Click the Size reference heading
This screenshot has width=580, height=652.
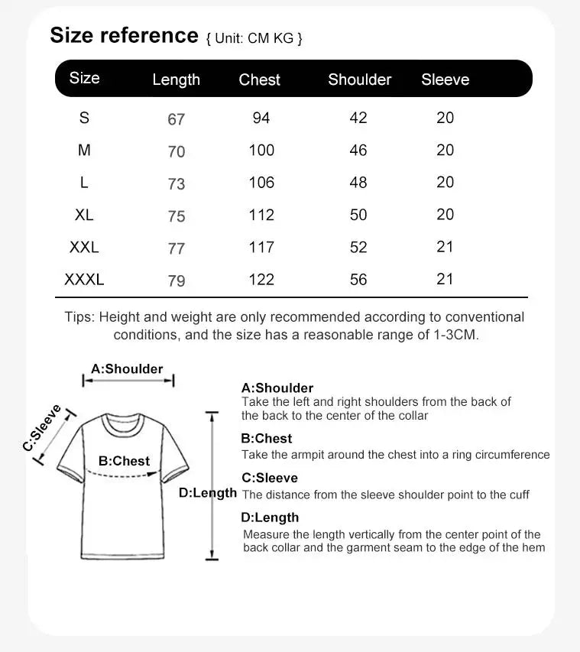point(124,35)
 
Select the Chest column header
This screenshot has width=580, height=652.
point(259,79)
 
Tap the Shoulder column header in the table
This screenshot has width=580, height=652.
point(359,79)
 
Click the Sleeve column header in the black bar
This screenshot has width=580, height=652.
point(445,79)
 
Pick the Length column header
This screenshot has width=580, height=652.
point(176,79)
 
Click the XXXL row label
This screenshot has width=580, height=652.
point(84,280)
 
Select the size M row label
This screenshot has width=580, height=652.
point(84,151)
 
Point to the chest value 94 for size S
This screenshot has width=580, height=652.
point(261,118)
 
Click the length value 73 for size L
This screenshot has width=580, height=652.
point(177,183)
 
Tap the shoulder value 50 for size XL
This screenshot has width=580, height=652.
point(358,215)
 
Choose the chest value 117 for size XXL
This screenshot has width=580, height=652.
point(261,247)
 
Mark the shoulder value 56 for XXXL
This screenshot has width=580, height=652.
point(358,280)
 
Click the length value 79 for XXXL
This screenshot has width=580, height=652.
point(177,281)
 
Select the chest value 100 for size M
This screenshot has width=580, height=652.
point(261,151)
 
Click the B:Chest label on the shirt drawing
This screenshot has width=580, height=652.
point(125,461)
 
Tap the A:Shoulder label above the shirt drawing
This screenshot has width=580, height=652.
point(127,368)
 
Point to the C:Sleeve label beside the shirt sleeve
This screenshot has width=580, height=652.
point(42,427)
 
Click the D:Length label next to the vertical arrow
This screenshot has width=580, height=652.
point(208,493)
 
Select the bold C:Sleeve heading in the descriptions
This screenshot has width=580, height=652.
point(270,478)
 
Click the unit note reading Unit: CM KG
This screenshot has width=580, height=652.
point(254,38)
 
